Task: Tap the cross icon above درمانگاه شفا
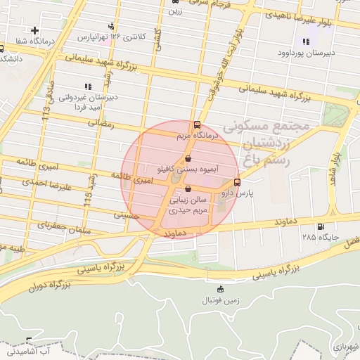click(35, 31)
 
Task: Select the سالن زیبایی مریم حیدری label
click(188, 205)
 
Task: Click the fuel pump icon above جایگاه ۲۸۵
click(321, 226)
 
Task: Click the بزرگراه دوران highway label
click(51, 287)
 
